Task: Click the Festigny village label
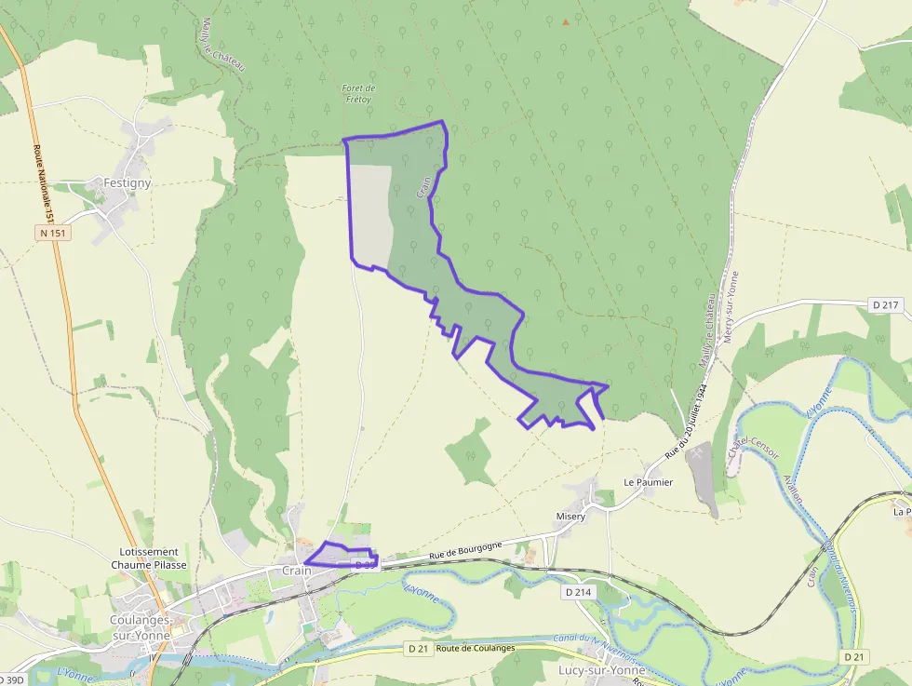[127, 182]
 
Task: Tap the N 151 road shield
[53, 233]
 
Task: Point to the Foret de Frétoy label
[358, 93]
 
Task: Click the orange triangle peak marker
[565, 20]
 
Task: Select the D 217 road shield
[886, 304]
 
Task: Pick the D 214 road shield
[579, 591]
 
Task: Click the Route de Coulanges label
[475, 648]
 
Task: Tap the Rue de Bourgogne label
[465, 551]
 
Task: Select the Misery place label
[570, 517]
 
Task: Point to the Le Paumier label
[648, 483]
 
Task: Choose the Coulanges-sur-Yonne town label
[140, 626]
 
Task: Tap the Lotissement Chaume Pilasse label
[149, 558]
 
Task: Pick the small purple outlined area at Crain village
[340, 554]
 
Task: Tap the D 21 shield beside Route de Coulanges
[416, 648]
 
